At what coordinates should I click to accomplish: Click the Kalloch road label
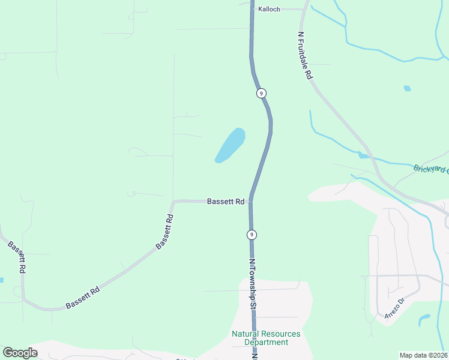point(269,10)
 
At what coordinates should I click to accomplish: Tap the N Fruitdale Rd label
point(304,56)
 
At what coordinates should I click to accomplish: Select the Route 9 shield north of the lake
point(261,94)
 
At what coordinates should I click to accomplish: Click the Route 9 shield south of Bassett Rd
point(252,234)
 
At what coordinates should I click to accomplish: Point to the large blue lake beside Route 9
point(230,146)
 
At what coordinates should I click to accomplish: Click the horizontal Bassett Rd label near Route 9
point(225,202)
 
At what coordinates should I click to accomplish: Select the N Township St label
point(253,284)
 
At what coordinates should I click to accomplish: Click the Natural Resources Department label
point(266,338)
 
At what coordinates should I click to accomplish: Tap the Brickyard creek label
point(430,168)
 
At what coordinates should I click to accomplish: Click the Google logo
point(20,353)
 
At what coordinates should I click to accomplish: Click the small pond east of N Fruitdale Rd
point(408,88)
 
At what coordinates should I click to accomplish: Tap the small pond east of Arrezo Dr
point(424,319)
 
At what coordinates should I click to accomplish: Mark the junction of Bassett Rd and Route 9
point(250,201)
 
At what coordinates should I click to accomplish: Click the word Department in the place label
point(266,343)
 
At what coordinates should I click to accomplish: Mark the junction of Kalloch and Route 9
point(252,9)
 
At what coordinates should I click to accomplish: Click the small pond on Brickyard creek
point(363,156)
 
